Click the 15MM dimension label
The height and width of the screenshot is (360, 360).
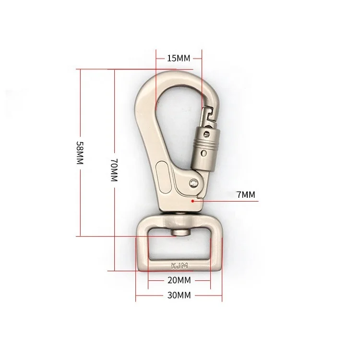pos(179,59)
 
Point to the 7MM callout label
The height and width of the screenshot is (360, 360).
pos(247,194)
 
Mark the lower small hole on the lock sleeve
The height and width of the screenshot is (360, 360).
pos(204,154)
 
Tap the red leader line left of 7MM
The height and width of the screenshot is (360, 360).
pos(226,201)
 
